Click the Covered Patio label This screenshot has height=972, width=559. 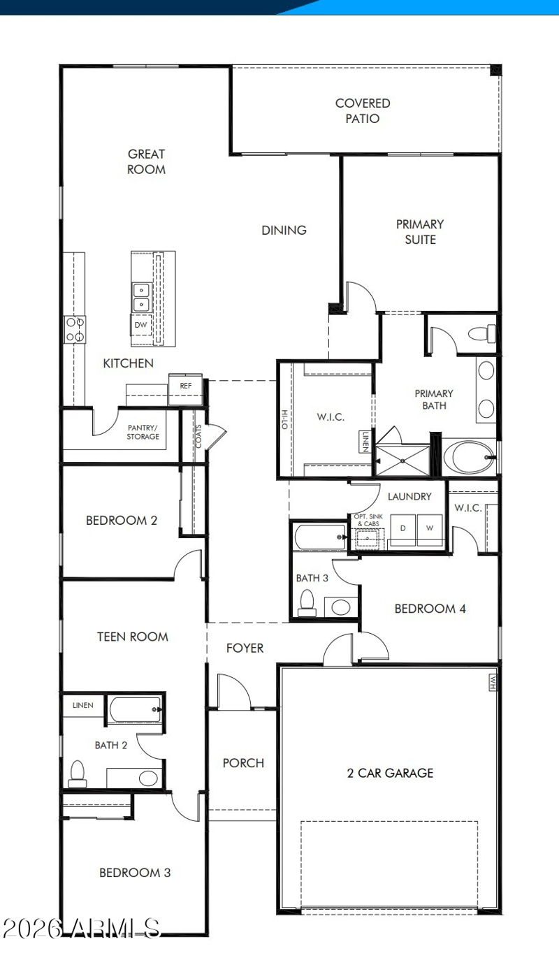363,110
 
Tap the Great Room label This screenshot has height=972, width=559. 146,161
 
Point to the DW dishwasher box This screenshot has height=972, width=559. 141,325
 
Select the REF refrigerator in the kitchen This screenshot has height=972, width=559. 185,389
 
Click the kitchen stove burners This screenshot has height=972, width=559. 75,329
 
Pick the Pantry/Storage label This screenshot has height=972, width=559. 143,432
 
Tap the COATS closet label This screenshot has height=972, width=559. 198,436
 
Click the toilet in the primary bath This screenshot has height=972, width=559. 482,333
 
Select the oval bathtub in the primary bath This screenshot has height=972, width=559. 470,458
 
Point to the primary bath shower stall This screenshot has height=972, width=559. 402,460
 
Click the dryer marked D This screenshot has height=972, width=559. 403,530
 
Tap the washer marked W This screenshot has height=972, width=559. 430,530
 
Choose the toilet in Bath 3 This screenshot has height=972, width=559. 307,603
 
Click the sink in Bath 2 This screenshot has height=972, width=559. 148,778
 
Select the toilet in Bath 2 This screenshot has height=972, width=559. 78,774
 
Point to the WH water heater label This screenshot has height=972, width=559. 493,682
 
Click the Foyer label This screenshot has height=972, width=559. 245,648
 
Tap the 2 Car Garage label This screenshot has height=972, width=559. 390,773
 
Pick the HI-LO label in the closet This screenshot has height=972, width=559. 284,419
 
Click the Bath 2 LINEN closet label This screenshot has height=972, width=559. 83,705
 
